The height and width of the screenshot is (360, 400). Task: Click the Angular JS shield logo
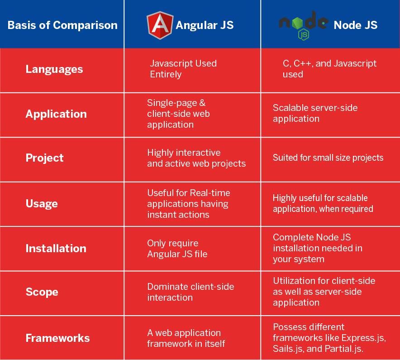click(x=160, y=25)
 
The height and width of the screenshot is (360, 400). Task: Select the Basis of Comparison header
click(x=62, y=25)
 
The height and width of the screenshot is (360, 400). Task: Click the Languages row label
click(x=54, y=69)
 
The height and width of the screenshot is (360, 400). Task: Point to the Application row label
click(x=56, y=114)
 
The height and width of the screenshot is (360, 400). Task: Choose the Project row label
click(x=45, y=158)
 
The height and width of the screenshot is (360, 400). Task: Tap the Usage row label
click(x=42, y=204)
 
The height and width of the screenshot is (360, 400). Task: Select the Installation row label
click(x=56, y=248)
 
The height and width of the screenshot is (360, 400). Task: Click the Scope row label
click(x=42, y=292)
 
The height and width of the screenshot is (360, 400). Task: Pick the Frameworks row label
click(x=57, y=338)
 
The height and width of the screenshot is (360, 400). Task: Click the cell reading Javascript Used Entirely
click(x=183, y=69)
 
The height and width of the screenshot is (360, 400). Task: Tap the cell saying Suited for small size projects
click(x=328, y=158)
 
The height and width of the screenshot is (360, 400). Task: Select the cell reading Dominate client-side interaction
click(x=190, y=292)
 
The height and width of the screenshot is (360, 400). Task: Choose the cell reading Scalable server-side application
click(x=315, y=113)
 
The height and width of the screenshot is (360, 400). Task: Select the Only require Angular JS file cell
click(x=177, y=249)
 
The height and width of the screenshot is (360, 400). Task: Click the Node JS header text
click(x=356, y=25)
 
